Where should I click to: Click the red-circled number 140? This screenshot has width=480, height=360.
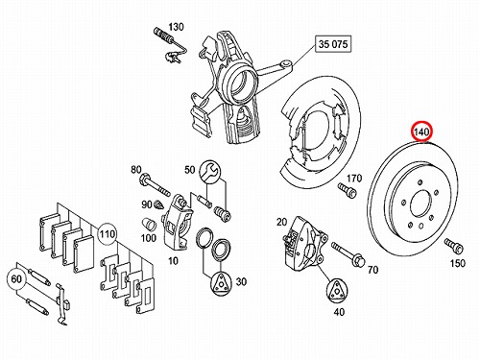(x=421, y=132)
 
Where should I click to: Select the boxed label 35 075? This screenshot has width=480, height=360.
(x=333, y=44)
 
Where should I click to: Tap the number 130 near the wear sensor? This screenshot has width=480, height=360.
(x=177, y=27)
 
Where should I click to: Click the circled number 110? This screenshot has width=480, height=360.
(x=107, y=234)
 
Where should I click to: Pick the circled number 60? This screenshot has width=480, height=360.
(x=16, y=279)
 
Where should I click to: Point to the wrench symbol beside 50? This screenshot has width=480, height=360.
(x=209, y=171)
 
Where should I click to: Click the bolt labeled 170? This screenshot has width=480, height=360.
(x=347, y=190)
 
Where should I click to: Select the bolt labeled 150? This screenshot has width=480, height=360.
(x=454, y=247)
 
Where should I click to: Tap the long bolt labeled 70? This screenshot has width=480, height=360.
(x=348, y=254)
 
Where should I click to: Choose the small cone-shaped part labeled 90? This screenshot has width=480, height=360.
(x=158, y=204)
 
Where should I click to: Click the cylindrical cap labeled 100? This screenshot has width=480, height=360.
(x=149, y=224)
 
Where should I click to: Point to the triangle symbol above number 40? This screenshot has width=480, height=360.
(x=337, y=291)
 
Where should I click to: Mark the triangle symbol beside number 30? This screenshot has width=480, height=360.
(x=221, y=283)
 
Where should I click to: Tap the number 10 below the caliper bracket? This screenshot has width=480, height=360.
(x=173, y=261)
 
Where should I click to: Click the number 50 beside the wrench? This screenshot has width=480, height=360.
(x=189, y=170)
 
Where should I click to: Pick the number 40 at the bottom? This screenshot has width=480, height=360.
(x=339, y=311)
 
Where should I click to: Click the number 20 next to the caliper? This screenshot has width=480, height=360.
(x=281, y=222)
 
